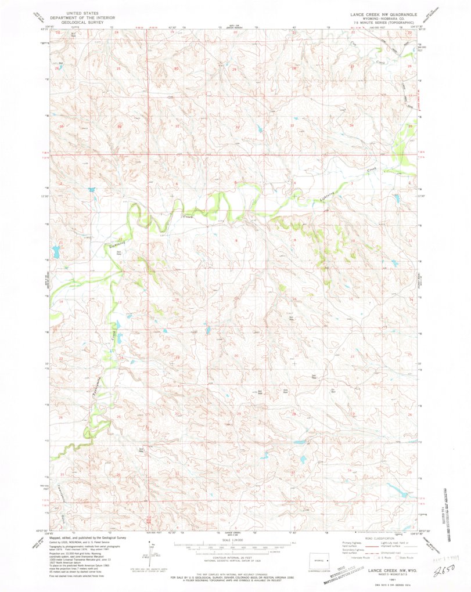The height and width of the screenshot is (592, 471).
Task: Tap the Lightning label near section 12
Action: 117,244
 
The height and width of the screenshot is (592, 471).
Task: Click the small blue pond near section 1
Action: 91,189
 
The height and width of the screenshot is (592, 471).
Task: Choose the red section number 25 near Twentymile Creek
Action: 118,416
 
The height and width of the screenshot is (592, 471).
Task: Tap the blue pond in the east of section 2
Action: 397,198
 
